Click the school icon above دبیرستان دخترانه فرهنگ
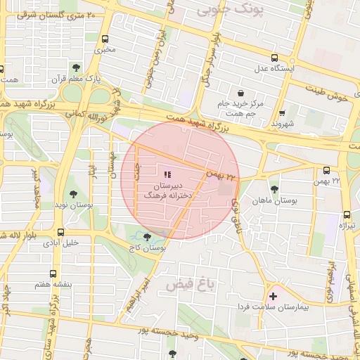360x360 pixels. [x=167, y=174]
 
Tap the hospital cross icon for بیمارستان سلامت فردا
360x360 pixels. [x=273, y=297]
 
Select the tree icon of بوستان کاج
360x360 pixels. [x=147, y=238]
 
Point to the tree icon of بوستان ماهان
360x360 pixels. [x=274, y=189]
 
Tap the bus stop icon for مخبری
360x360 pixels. [x=105, y=39]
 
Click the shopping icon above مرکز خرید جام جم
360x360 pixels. [x=240, y=93]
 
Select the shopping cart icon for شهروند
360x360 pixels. [x=283, y=112]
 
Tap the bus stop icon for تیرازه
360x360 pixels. [x=347, y=215]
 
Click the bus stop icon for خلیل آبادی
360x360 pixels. [x=61, y=232]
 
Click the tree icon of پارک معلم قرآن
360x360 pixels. [x=75, y=68]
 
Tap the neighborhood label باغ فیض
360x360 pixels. [x=190, y=284]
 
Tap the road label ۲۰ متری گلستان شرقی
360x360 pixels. [x=57, y=14]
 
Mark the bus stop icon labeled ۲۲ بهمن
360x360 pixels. [x=326, y=170]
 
